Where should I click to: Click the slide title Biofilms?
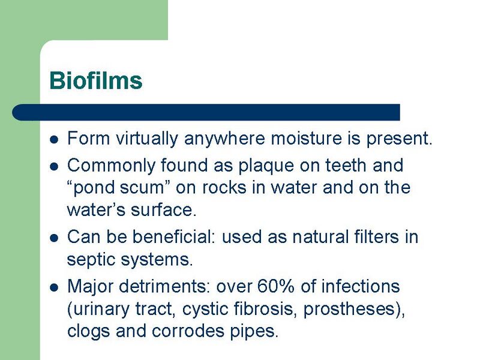95,80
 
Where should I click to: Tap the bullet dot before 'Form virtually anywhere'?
54,140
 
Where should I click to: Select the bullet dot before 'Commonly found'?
54,165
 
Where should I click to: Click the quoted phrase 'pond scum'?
121,188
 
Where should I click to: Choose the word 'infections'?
360,286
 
